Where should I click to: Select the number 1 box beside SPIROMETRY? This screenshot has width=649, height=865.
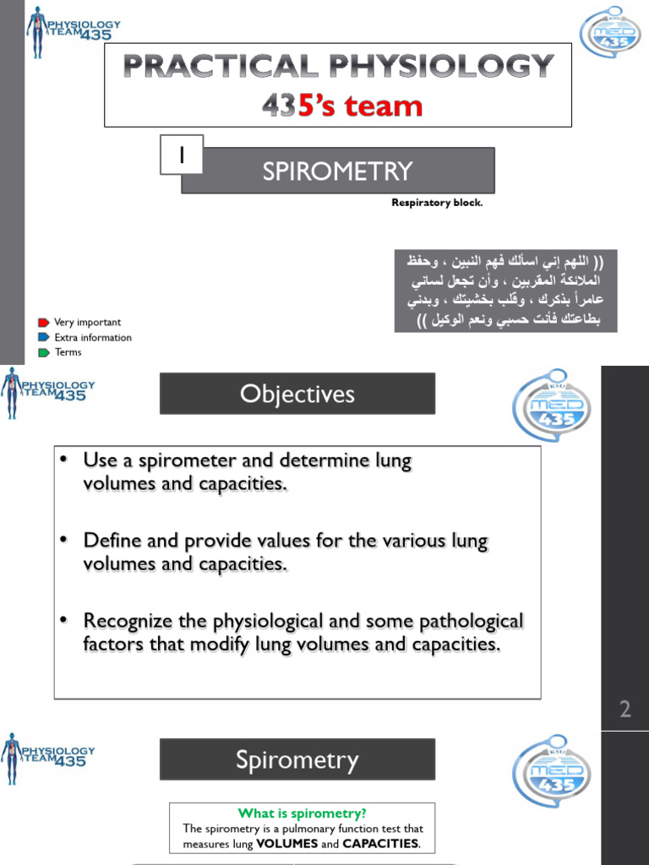point(181,157)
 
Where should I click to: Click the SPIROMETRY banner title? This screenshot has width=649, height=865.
point(337,171)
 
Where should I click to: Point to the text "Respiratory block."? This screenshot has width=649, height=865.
point(437,203)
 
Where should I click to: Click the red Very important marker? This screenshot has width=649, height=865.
point(44,323)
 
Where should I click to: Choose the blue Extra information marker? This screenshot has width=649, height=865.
point(44,338)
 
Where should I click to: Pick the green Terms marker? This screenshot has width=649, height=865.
point(44,352)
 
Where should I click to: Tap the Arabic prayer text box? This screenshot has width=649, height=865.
point(505,290)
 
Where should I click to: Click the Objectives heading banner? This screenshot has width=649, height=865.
point(297,394)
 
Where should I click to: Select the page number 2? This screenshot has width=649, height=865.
point(624,710)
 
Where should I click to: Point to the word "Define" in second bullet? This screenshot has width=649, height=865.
point(110,541)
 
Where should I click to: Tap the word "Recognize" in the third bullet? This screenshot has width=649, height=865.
point(125,622)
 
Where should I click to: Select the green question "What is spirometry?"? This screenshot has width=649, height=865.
point(303,813)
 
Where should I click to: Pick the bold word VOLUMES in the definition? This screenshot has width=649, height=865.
point(286,843)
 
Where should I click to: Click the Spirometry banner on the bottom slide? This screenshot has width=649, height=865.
point(297,760)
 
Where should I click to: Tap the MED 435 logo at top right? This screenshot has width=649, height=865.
point(609,31)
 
